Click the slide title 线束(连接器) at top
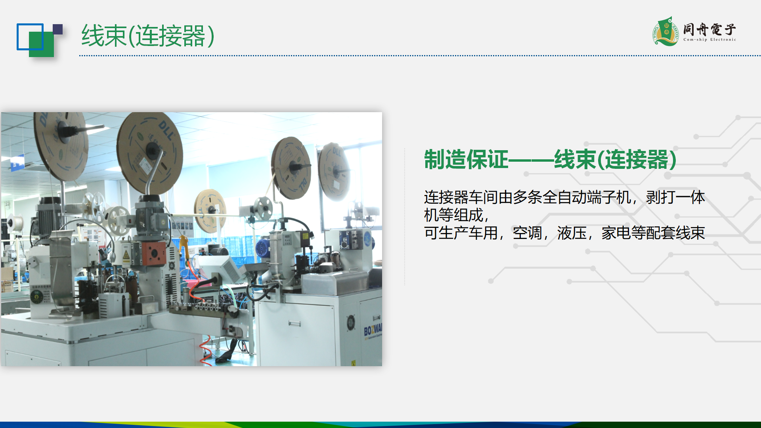click(148, 36)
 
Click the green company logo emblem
click(666, 31)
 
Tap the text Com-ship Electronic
click(709, 40)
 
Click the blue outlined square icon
click(30, 37)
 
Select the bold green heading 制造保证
click(466, 160)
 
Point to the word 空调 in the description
click(527, 233)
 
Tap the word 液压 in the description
click(572, 233)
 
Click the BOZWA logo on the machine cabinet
click(373, 329)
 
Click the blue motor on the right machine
click(263, 248)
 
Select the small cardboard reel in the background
click(210, 210)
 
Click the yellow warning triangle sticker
click(126, 254)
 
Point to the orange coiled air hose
click(205, 349)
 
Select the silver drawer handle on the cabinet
click(294, 323)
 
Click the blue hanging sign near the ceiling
click(17, 163)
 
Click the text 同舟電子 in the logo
click(709, 29)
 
